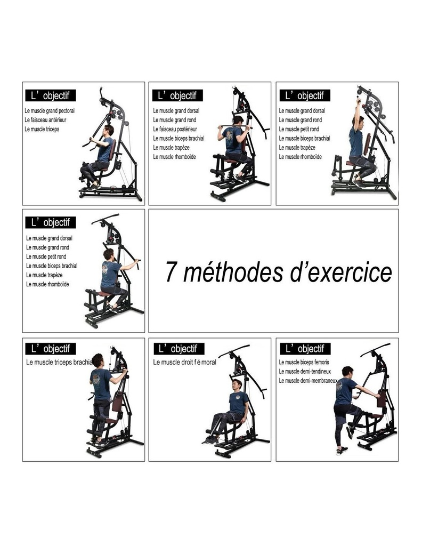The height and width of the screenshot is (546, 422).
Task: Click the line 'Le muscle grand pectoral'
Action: [50, 111]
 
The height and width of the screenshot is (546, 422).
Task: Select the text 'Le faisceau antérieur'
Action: [45, 120]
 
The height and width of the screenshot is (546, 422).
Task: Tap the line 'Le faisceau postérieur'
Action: [175, 129]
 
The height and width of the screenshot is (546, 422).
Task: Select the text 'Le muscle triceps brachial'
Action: [59, 362]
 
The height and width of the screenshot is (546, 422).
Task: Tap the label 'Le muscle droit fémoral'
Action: [184, 362]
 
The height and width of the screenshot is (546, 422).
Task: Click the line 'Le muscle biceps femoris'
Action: [304, 362]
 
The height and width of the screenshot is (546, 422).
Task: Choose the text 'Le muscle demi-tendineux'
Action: [305, 371]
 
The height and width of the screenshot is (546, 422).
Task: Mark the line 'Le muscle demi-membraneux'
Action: [308, 381]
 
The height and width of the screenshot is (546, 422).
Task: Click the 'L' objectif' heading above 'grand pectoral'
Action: [51, 95]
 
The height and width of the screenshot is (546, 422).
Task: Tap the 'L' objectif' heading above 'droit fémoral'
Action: [178, 349]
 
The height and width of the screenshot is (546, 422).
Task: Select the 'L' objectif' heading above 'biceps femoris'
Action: [305, 349]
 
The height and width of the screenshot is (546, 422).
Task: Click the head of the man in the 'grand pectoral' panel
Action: [109, 131]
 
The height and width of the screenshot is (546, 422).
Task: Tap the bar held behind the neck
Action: [235, 126]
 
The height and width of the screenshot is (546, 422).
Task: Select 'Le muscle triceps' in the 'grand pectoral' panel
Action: [42, 129]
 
